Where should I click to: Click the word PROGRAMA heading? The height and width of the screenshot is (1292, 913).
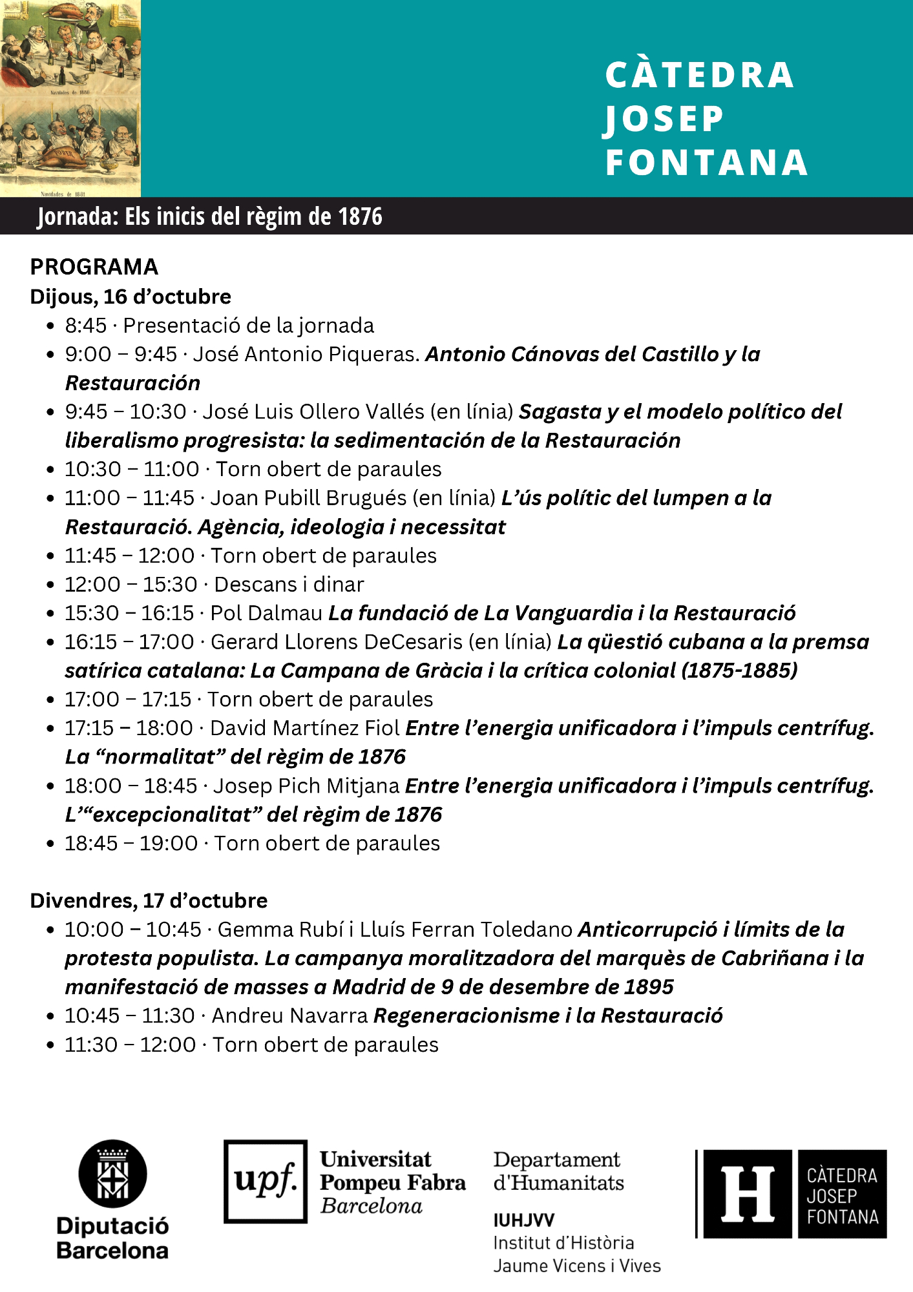[x=94, y=267]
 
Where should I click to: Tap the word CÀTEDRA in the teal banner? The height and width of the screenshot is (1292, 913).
[x=700, y=75]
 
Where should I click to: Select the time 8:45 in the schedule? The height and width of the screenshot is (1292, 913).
[x=85, y=326]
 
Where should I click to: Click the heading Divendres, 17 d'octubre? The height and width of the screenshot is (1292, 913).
[x=149, y=901]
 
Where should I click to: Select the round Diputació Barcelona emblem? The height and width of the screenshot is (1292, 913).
[x=112, y=1173]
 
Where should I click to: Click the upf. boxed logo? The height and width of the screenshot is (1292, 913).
[x=266, y=1181]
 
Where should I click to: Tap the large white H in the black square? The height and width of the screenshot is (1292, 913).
[x=747, y=1194]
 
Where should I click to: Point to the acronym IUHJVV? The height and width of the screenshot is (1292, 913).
[x=523, y=1220]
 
